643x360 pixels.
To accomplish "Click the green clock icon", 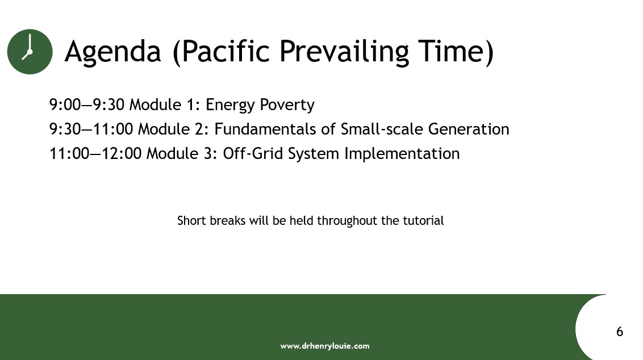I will (30, 51).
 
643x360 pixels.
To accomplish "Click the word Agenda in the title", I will (112, 52).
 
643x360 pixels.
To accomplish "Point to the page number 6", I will (620, 332).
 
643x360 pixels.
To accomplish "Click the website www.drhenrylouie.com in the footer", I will (325, 346).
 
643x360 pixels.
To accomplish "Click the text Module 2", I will (174, 129).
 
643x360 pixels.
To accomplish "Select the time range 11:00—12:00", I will (95, 154).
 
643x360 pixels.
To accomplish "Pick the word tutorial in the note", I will (423, 220).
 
